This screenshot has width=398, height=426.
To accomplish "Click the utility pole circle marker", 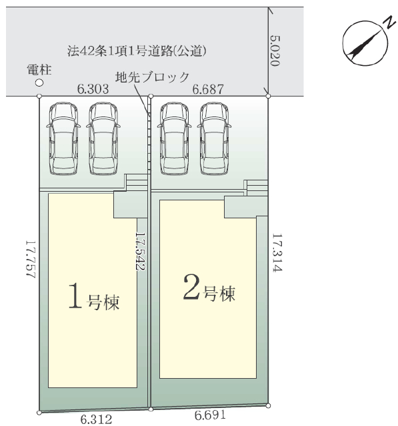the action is (39, 83).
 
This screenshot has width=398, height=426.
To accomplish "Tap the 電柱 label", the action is (39, 70).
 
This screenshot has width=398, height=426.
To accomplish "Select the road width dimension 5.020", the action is (275, 51).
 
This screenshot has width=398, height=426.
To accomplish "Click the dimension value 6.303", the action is (93, 89).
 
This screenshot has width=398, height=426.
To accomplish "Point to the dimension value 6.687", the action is (208, 89).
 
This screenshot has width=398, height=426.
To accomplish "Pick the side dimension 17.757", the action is (31, 259).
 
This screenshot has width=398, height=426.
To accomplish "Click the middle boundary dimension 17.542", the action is (141, 251).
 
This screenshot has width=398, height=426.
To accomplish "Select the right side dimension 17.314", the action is (277, 253).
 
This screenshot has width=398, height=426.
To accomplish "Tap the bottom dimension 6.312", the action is (96, 419).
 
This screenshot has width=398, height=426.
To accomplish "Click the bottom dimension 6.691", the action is (210, 415).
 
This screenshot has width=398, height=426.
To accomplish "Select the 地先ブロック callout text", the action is (152, 77).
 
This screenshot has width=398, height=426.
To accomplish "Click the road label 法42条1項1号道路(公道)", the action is (137, 51).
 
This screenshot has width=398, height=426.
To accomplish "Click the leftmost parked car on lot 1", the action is (63, 138).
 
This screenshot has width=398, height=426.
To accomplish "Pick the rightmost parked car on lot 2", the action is (214, 138).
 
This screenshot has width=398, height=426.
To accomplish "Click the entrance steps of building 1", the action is (136, 183).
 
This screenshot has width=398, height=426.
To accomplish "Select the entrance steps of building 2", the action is (256, 188).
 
